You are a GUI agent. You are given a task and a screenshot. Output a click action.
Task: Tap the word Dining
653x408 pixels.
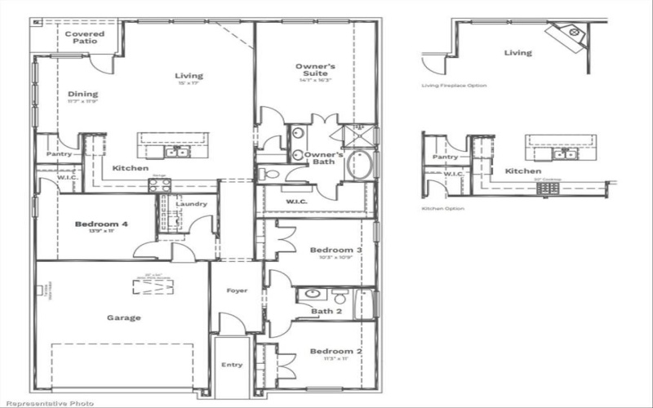(82, 94)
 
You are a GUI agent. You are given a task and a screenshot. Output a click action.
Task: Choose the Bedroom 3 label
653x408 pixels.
(335, 250)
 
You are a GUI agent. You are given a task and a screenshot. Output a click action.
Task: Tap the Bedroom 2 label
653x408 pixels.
(335, 351)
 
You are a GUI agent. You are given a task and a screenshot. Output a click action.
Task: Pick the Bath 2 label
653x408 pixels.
(326, 311)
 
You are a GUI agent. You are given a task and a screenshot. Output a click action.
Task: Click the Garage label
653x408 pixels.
(123, 317)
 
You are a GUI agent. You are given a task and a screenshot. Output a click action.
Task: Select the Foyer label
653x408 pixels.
(237, 290)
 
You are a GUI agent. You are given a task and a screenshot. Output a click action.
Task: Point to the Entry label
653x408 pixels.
(232, 364)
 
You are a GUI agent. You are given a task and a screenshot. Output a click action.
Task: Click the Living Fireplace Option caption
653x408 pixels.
(454, 85)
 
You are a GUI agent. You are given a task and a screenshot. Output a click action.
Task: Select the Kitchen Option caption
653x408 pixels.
(442, 209)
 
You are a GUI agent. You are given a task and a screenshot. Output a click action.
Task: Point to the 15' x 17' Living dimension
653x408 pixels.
(189, 84)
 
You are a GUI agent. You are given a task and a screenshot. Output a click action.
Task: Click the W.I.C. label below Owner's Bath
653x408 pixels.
(296, 202)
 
